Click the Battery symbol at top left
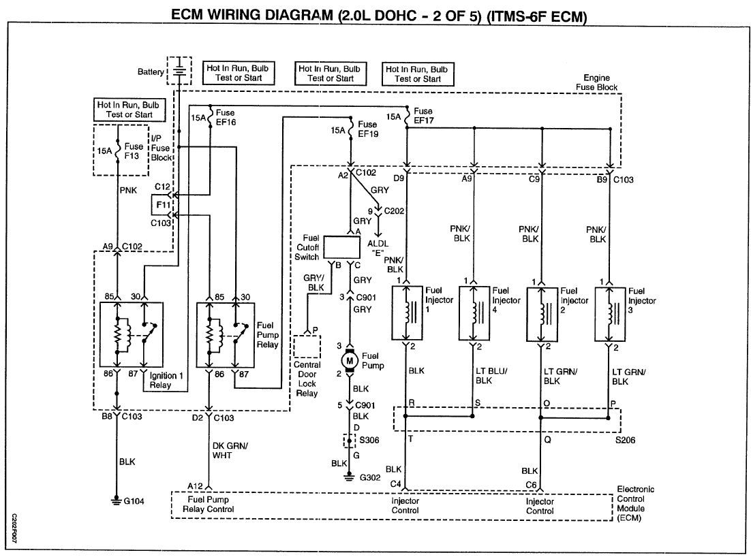click(x=180, y=69)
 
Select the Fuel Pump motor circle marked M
click(x=350, y=360)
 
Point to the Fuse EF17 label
click(x=423, y=116)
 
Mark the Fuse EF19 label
click(x=367, y=129)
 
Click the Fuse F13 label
click(x=134, y=150)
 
